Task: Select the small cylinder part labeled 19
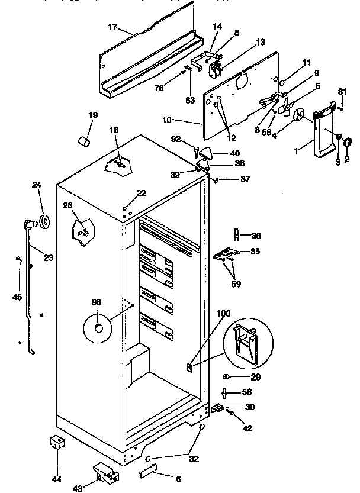[85, 141]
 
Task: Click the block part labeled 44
[56, 443]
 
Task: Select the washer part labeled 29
[227, 376]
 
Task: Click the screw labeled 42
[232, 413]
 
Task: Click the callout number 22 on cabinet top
[140, 194]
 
